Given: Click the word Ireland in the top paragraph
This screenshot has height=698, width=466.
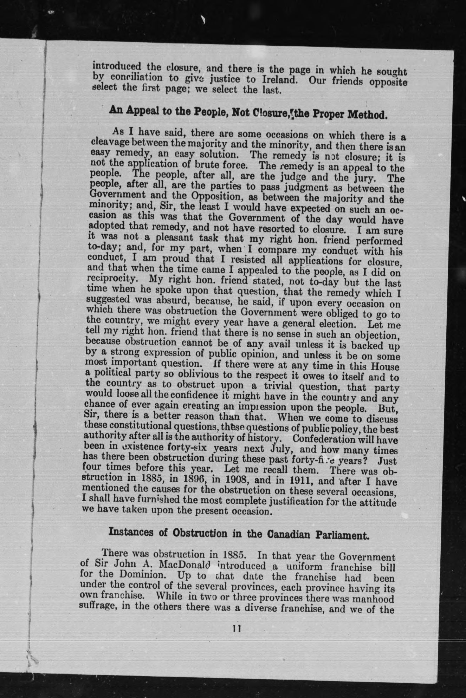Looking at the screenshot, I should point(279,79).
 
